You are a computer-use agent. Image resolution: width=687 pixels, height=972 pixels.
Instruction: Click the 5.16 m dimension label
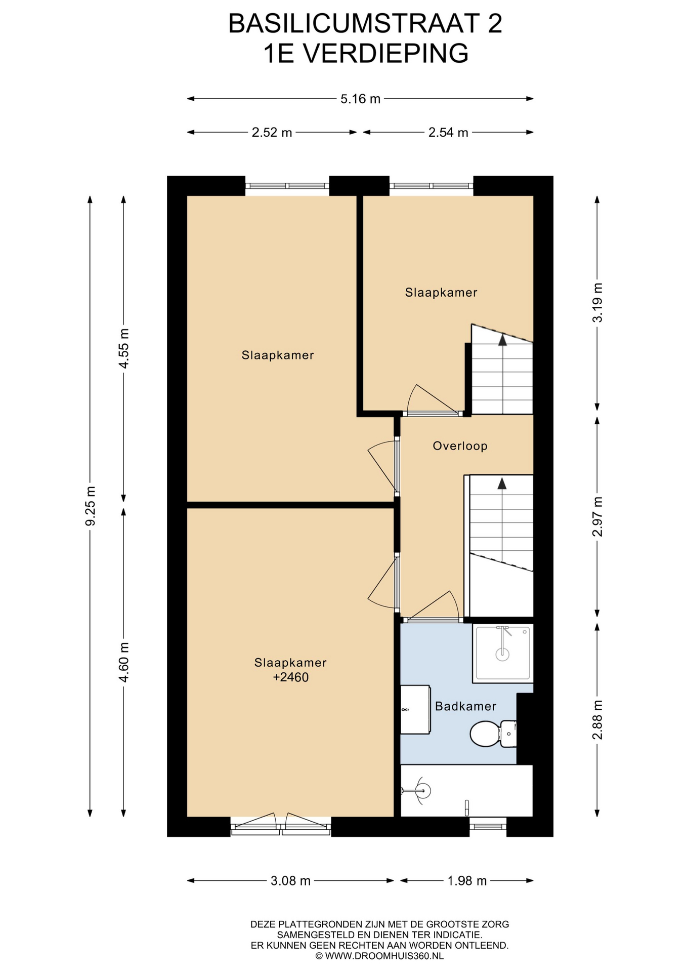click(360, 99)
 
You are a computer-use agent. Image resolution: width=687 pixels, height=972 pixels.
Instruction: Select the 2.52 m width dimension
click(272, 133)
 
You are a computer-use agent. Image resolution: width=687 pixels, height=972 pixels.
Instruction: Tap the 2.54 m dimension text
click(448, 133)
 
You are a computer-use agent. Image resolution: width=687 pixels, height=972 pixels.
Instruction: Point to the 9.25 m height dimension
click(91, 506)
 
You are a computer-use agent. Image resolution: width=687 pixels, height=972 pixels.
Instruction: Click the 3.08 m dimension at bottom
click(290, 881)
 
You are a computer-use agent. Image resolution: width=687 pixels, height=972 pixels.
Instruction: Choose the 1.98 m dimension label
click(467, 881)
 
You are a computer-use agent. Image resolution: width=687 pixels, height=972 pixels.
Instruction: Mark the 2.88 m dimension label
click(597, 719)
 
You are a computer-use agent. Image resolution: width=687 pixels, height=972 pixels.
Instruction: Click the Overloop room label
click(460, 446)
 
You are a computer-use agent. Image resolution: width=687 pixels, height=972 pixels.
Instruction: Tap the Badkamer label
click(465, 706)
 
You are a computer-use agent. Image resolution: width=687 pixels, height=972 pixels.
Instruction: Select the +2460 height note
click(290, 677)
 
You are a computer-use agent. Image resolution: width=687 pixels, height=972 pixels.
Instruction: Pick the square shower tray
click(502, 653)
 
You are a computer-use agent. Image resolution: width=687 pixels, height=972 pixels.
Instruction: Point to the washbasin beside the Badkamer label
click(415, 709)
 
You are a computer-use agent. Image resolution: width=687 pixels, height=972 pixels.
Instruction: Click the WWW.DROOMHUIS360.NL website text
click(384, 956)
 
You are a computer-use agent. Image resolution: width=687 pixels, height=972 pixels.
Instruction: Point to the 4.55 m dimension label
click(124, 348)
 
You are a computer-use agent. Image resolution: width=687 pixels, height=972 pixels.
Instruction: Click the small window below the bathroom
click(488, 827)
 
